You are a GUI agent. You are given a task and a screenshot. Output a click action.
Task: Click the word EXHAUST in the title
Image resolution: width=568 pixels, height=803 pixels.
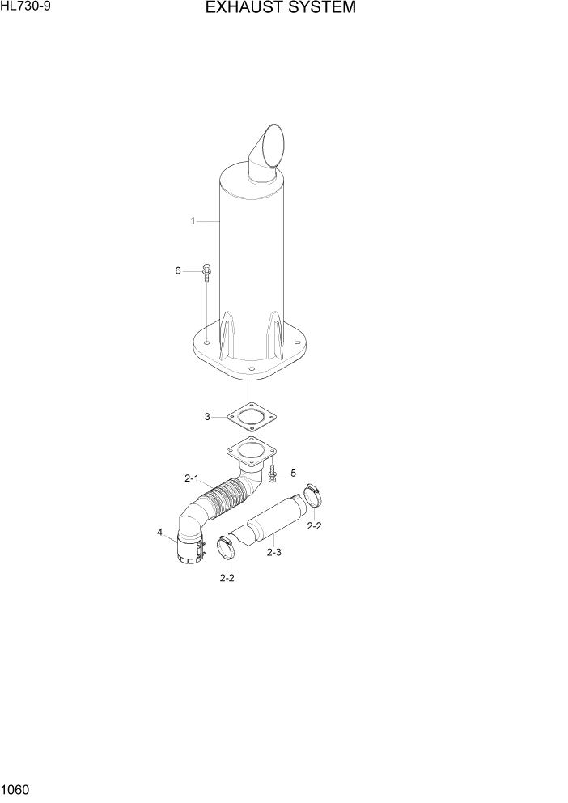(x=242, y=9)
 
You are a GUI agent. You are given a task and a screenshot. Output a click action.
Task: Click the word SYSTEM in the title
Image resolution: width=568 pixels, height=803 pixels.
(x=319, y=9)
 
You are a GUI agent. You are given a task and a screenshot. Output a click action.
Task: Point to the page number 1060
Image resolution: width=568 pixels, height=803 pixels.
(x=15, y=788)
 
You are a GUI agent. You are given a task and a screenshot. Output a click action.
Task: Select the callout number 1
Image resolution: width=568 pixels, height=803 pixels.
(x=193, y=220)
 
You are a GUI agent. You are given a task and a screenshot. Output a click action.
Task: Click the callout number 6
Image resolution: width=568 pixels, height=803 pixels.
(x=178, y=271)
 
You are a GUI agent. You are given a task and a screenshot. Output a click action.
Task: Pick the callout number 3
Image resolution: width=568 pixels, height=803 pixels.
(x=207, y=417)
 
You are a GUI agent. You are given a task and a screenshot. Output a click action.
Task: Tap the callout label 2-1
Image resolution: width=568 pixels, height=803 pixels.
(x=192, y=478)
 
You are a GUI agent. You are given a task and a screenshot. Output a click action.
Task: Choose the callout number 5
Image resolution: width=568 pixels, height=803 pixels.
(x=293, y=473)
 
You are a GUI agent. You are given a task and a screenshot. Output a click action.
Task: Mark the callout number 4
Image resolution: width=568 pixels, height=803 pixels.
(x=159, y=532)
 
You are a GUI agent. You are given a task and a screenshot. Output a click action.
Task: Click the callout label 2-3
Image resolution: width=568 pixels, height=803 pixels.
(x=273, y=552)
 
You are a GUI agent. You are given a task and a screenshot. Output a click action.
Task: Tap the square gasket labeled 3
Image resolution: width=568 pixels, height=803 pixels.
(x=252, y=418)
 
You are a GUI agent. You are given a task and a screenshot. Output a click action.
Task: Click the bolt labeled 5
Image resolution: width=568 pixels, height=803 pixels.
(x=273, y=474)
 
